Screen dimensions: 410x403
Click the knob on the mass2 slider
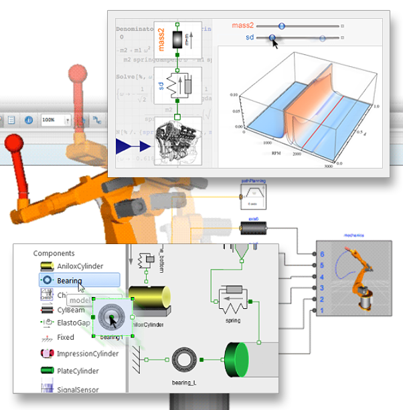click(281, 25)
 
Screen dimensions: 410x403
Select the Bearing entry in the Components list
click(70, 280)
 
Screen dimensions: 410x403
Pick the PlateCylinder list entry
click(78, 371)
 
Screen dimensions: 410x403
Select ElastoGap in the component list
click(74, 322)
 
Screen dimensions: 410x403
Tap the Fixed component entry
click(66, 338)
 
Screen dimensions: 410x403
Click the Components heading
click(54, 253)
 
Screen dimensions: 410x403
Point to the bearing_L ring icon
click(183, 359)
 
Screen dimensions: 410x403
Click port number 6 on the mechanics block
click(322, 255)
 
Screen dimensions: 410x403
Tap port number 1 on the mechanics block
click(322, 311)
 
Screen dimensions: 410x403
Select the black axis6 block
click(254, 229)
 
